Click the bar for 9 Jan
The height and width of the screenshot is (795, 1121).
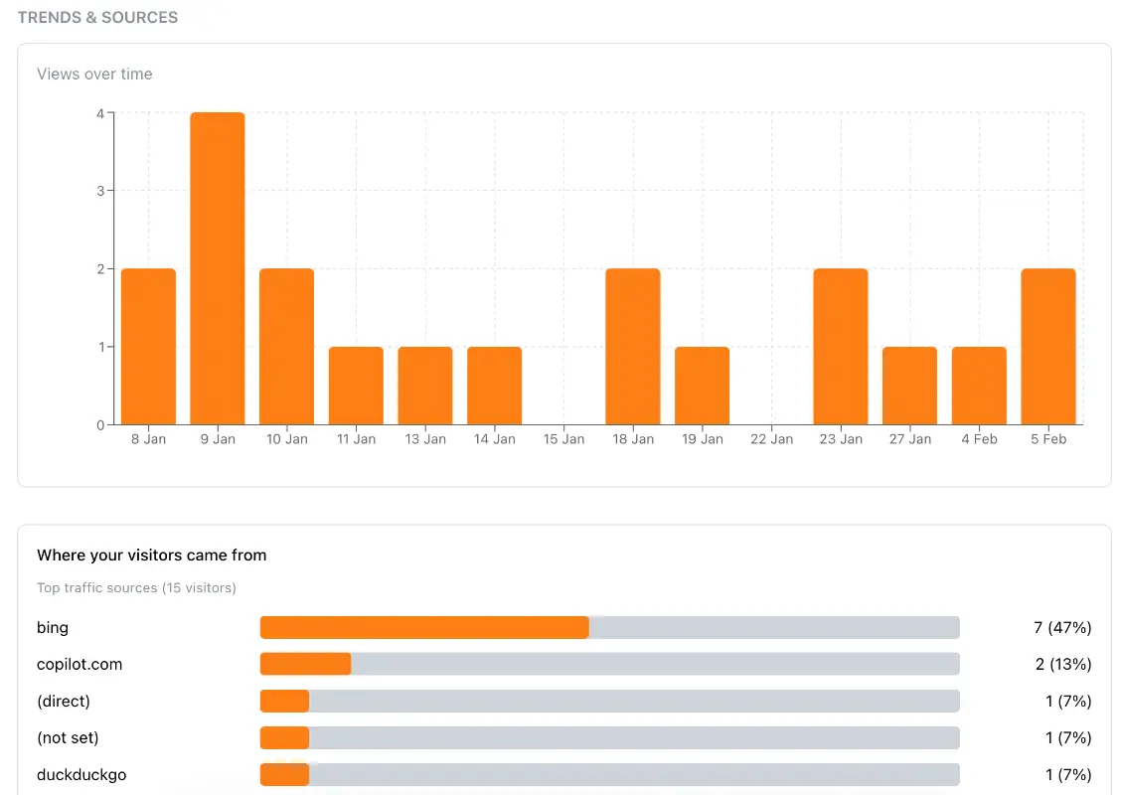(x=218, y=268)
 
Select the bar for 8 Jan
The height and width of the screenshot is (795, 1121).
(x=148, y=347)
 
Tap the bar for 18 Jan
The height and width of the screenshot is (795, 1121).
(x=633, y=347)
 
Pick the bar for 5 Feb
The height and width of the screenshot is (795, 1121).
(x=1048, y=347)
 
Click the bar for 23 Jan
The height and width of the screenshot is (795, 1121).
(x=841, y=347)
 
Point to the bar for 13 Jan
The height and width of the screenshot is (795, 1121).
(x=425, y=386)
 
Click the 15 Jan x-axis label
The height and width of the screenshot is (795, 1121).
(x=563, y=439)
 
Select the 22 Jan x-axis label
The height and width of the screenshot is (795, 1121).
(x=771, y=439)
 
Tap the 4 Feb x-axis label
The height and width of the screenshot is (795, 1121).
(x=979, y=439)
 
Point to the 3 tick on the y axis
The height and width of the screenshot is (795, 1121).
(x=100, y=191)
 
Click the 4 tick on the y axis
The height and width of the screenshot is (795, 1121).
(x=100, y=113)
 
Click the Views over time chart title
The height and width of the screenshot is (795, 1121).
(x=94, y=75)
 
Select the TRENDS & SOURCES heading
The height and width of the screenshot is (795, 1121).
(x=97, y=18)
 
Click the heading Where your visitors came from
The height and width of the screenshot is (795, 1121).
(x=151, y=556)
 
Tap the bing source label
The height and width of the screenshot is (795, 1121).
(x=53, y=628)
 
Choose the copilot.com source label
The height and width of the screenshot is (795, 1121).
(x=80, y=665)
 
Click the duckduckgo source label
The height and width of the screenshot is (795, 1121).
(x=81, y=775)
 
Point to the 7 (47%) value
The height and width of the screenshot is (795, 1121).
(x=1062, y=628)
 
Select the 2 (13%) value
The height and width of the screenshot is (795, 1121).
(x=1062, y=665)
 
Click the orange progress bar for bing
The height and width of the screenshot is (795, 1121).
(x=424, y=628)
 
